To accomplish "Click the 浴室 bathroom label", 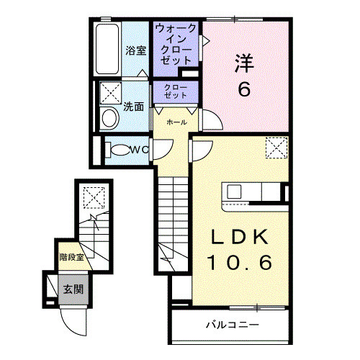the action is click(x=136, y=50).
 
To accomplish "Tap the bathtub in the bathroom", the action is click(x=107, y=49).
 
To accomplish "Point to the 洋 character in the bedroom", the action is click(x=244, y=63).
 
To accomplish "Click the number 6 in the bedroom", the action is click(x=244, y=89).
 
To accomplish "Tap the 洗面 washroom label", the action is click(x=133, y=107).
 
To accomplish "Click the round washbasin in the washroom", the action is click(x=110, y=118).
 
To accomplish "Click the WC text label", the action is click(x=139, y=150).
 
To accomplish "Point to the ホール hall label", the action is click(x=176, y=122).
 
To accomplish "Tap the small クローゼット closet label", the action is click(x=176, y=91).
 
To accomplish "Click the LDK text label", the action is click(x=240, y=237).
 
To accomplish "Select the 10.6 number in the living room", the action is click(x=240, y=262).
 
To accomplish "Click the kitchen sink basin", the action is click(x=234, y=192).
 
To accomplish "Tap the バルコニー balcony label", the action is click(x=233, y=325).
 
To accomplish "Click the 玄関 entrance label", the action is click(x=73, y=289).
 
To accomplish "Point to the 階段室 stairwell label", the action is click(x=72, y=257).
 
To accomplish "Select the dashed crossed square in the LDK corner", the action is click(x=276, y=148).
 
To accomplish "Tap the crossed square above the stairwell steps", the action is click(x=94, y=198).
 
